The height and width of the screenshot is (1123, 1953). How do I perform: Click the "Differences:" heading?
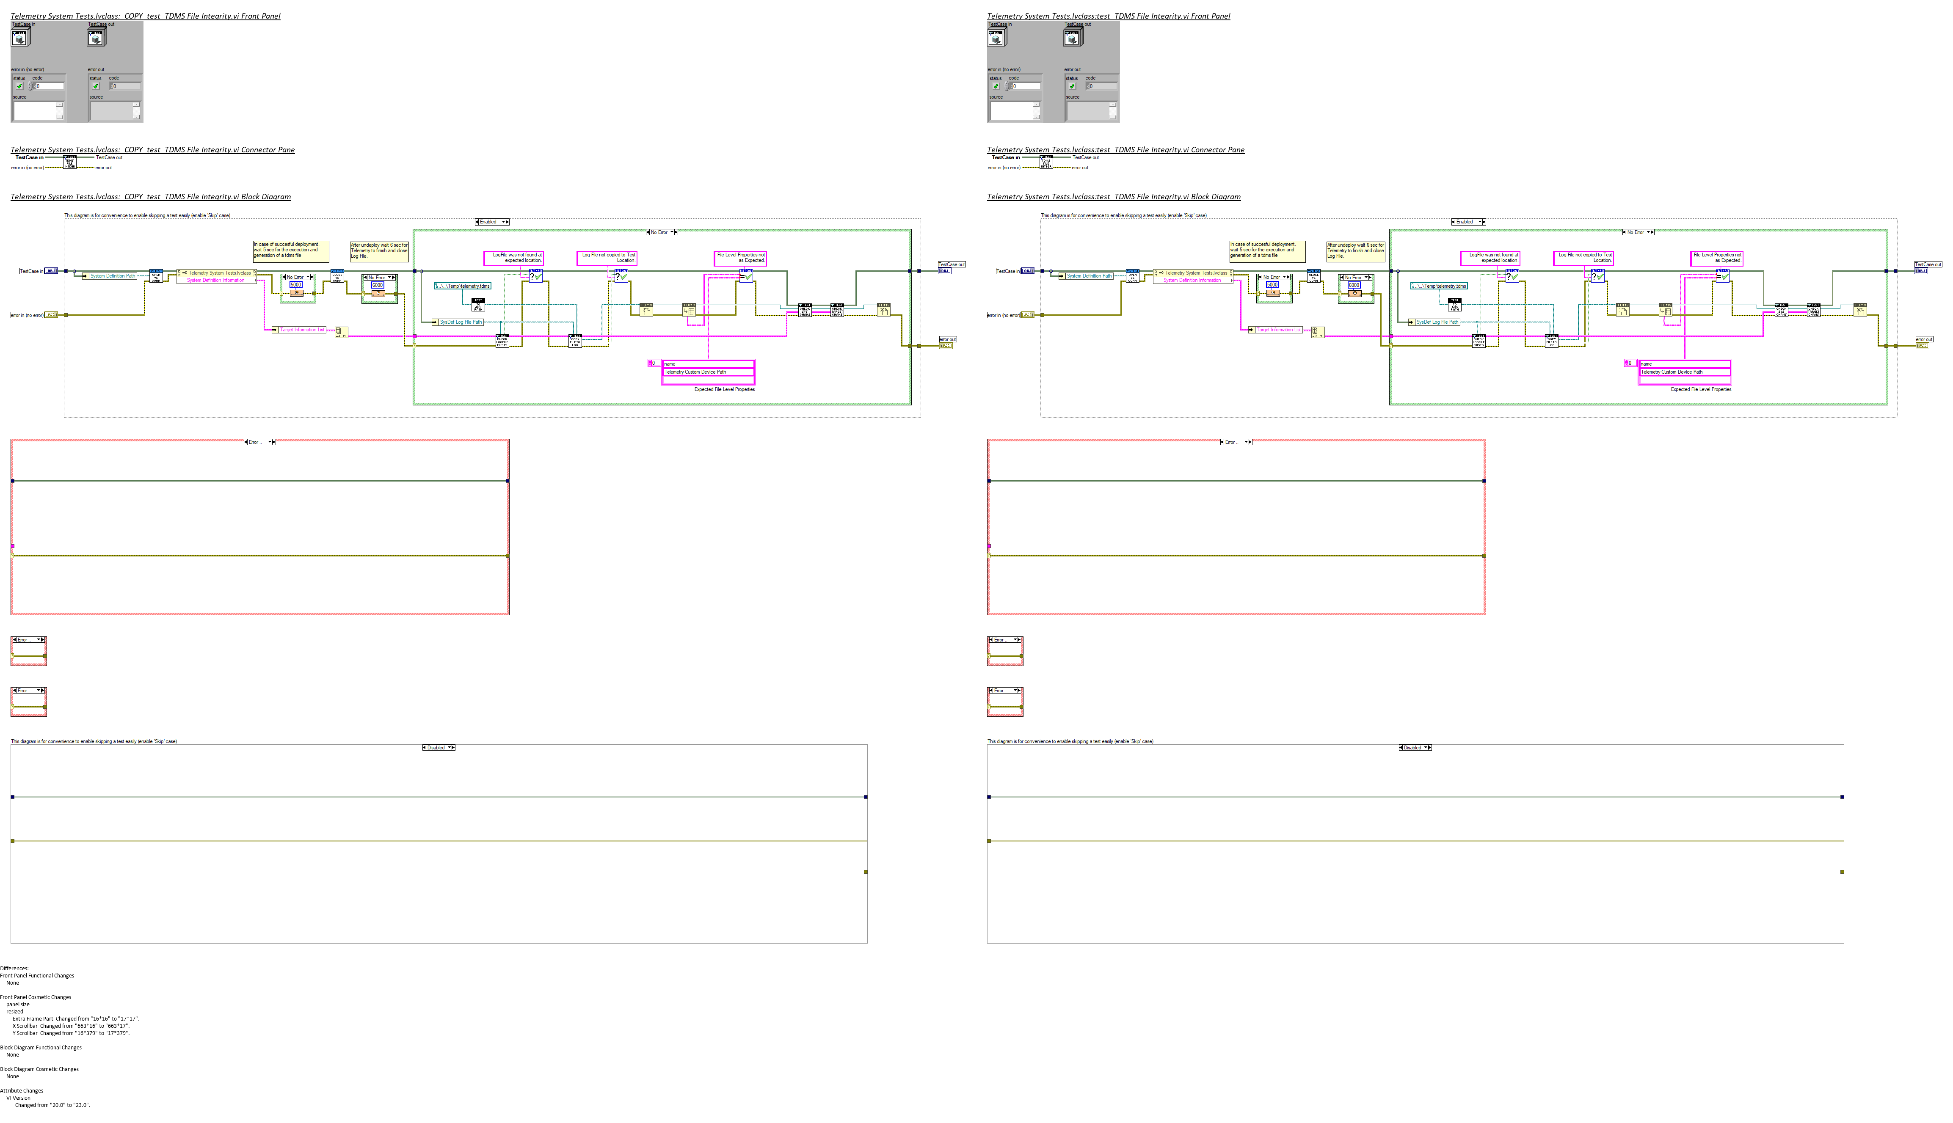click(x=14, y=968)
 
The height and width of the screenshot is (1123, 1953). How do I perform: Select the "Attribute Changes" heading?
click(x=22, y=1090)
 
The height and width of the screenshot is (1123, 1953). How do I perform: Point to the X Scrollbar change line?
click(x=71, y=1026)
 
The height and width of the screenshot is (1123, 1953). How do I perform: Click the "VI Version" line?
click(x=19, y=1098)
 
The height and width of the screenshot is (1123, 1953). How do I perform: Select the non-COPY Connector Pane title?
click(x=1115, y=150)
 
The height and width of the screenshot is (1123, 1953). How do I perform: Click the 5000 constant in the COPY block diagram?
click(x=295, y=285)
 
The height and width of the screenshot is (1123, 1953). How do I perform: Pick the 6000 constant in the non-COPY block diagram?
click(x=1354, y=285)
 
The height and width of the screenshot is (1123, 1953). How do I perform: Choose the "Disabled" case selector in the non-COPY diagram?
click(x=1415, y=747)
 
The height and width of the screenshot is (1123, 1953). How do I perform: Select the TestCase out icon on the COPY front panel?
click(x=97, y=36)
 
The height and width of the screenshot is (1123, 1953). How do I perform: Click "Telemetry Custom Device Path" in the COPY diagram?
click(x=695, y=372)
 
